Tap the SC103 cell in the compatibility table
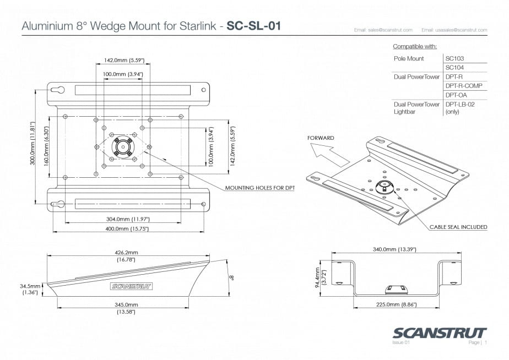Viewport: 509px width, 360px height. click(454, 58)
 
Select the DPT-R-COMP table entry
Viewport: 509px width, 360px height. click(463, 86)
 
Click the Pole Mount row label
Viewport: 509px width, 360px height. click(409, 58)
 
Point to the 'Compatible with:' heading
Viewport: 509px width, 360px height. click(414, 46)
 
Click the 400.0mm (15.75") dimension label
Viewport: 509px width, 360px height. click(128, 228)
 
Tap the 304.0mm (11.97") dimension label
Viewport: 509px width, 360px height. click(128, 219)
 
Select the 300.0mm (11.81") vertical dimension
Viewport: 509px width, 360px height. click(33, 144)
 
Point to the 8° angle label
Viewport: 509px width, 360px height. click(232, 279)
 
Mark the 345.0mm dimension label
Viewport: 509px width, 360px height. click(126, 304)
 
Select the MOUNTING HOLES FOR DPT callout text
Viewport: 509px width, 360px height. click(260, 188)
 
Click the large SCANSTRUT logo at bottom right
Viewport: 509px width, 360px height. click(439, 332)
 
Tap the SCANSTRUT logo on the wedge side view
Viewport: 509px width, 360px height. click(131, 286)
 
